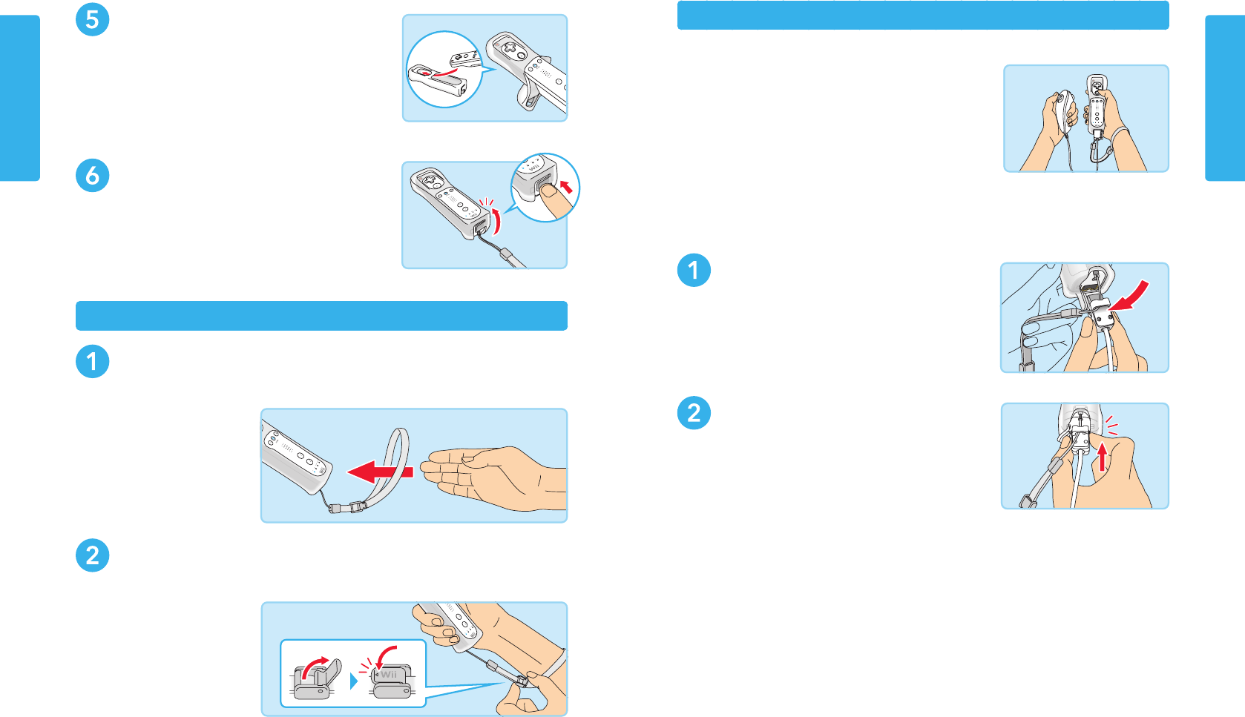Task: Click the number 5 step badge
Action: click(x=92, y=19)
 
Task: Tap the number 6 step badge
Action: click(x=92, y=176)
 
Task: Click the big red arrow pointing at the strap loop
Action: click(x=380, y=472)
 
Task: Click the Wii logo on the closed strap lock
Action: click(x=389, y=675)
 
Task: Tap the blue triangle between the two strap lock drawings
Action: click(x=353, y=681)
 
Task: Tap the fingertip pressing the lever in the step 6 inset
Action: click(x=551, y=191)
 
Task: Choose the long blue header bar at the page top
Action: click(x=923, y=15)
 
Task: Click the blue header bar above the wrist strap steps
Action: click(x=321, y=315)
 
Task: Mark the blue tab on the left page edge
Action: click(x=20, y=98)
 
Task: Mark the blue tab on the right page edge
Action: click(x=1225, y=98)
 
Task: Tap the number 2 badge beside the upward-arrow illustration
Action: click(x=694, y=413)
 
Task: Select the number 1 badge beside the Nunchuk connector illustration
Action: click(x=694, y=270)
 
